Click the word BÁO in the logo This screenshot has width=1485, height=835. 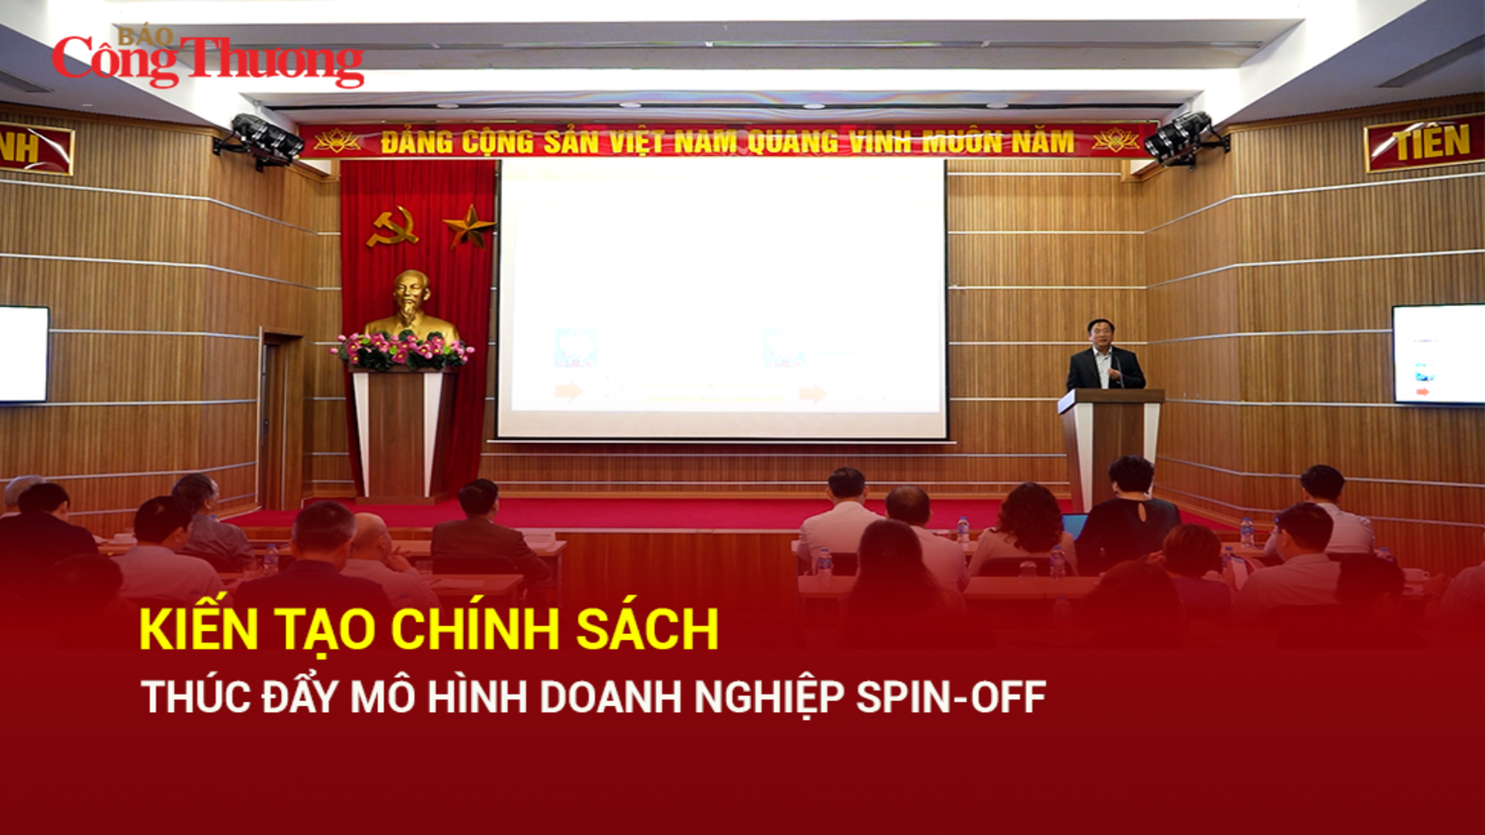pyautogui.click(x=145, y=36)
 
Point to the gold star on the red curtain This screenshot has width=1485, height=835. pyautogui.click(x=469, y=225)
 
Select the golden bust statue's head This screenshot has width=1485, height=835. pyautogui.click(x=411, y=295)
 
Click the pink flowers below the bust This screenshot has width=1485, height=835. pyautogui.click(x=402, y=349)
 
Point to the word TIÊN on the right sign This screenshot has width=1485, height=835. pyautogui.click(x=1432, y=144)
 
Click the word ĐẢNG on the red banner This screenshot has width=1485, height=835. pyautogui.click(x=417, y=143)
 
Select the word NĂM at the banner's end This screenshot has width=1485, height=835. pyautogui.click(x=1043, y=142)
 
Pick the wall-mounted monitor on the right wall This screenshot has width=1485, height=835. pyautogui.click(x=1438, y=354)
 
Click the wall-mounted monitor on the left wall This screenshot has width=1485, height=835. pyautogui.click(x=23, y=354)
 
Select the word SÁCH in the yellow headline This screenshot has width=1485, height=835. pyautogui.click(x=647, y=629)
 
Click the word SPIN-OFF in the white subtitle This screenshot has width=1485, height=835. pyautogui.click(x=951, y=697)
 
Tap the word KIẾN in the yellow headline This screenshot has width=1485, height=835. pyautogui.click(x=198, y=629)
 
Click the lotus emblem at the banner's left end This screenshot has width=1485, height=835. pyautogui.click(x=337, y=142)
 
